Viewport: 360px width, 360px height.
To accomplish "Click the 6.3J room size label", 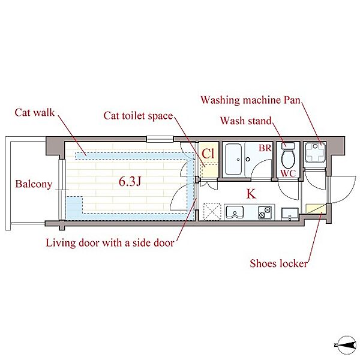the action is (130, 182).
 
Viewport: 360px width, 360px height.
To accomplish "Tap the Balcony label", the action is (34, 184).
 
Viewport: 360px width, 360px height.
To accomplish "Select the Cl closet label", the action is (208, 154).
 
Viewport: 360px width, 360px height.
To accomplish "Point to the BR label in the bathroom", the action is (265, 148).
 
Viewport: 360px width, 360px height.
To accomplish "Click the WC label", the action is (288, 173).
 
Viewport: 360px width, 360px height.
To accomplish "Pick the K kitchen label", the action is (251, 194).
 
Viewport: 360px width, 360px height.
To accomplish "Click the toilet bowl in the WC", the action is (289, 159).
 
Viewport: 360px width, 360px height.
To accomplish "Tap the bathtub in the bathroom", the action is (233, 160).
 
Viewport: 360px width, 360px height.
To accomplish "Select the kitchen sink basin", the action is (235, 212).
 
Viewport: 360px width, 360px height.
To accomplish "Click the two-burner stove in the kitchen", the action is (265, 212).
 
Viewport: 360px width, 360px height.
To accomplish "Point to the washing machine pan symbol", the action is (315, 152).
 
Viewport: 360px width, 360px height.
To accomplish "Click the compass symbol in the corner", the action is (346, 345).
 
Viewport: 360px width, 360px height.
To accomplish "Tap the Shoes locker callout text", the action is (279, 263).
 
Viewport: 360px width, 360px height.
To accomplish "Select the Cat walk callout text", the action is (35, 113).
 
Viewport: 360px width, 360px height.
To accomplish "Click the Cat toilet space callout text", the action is (138, 116).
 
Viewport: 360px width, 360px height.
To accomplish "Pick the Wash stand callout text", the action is (246, 121).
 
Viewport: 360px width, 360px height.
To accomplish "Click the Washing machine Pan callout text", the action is (251, 100).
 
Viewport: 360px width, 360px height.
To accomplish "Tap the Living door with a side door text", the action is (110, 243).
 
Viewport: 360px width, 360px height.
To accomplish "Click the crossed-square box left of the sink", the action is (212, 211).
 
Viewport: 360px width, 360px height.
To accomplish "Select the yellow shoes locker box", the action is (316, 208).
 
